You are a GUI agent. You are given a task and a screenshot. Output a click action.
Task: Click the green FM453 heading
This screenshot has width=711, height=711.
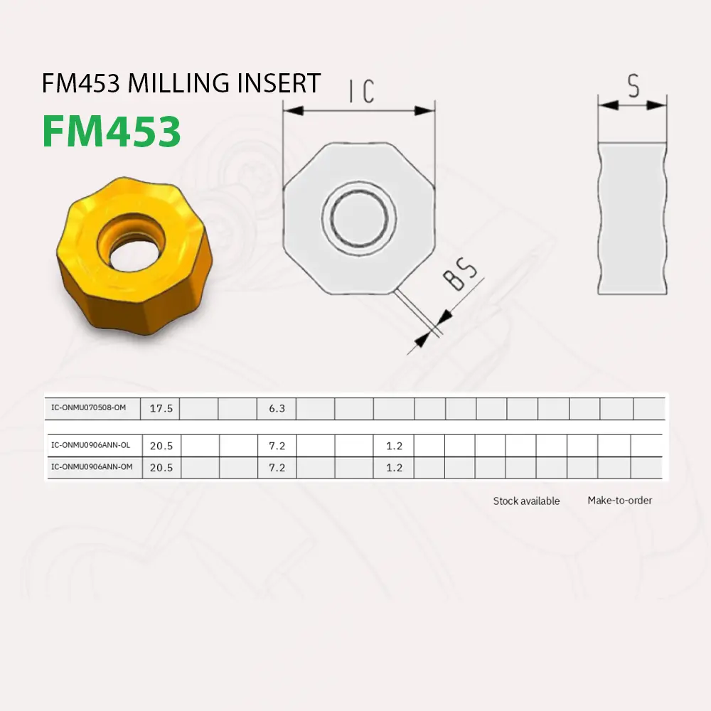pos(112,132)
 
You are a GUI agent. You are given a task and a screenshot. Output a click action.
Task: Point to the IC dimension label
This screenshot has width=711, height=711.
pos(361,92)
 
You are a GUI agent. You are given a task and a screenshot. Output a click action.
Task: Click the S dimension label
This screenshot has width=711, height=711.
pos(633,86)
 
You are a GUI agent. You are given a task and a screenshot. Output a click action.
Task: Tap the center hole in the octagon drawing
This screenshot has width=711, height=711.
pos(359,217)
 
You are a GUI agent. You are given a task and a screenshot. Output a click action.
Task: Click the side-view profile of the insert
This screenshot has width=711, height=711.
pos(632,218)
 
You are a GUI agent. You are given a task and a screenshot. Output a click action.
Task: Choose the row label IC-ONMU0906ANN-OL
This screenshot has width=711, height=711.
pos(91,446)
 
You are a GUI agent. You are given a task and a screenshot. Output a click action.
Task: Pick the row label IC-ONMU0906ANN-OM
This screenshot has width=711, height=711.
pos(91,467)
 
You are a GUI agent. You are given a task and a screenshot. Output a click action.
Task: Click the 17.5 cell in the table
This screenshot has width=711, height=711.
pos(161,409)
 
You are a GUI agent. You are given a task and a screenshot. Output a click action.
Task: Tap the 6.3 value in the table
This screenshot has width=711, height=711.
pos(277,409)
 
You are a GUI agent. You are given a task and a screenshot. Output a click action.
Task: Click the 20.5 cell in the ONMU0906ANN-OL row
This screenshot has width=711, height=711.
pos(161,446)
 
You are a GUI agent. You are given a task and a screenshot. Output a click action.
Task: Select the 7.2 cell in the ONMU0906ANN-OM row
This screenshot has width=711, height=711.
pos(277,467)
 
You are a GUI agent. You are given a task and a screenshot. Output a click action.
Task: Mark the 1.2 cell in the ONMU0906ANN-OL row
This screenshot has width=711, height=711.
pos(394,446)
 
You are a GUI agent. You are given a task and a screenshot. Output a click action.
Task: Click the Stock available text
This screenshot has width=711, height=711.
pos(526,501)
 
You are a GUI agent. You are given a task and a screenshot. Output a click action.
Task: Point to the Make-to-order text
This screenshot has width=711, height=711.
pos(619,501)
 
